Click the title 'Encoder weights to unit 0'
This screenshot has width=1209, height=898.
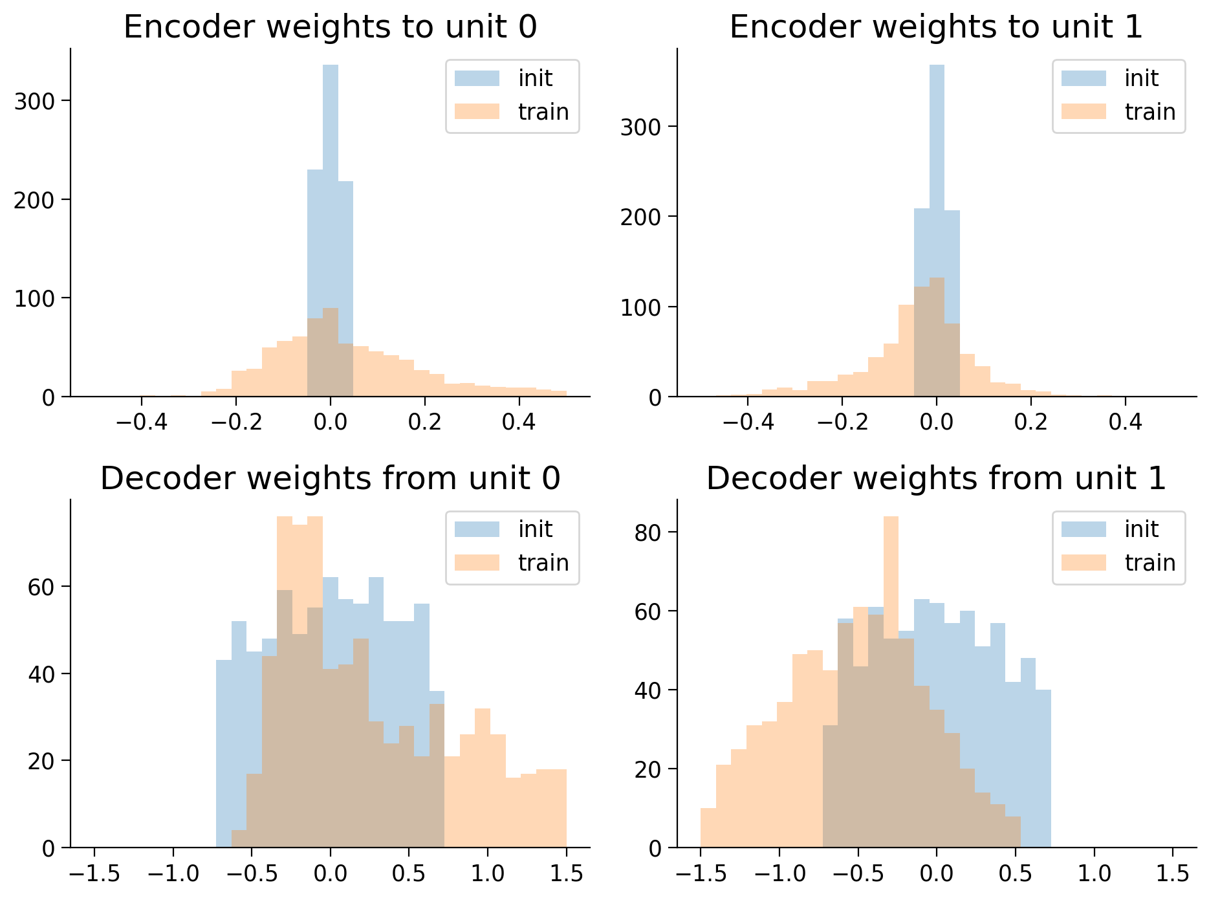tap(330, 27)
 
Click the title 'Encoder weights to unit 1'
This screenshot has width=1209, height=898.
tap(936, 27)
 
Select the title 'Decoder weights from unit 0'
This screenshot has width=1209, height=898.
tap(330, 479)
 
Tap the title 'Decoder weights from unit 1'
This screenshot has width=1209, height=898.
tap(936, 479)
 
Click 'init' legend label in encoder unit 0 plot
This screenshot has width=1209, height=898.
tap(535, 78)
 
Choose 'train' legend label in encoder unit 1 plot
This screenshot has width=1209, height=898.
tap(1149, 112)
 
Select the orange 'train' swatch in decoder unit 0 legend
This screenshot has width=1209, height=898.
tap(477, 563)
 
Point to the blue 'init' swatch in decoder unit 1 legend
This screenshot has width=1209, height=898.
tap(1084, 529)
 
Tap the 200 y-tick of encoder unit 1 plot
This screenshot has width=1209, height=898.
tap(641, 217)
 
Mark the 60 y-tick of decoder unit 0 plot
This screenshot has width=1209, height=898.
tap(41, 587)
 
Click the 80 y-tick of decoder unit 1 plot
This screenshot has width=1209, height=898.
tap(648, 532)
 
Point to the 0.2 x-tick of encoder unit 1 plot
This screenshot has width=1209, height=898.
tap(1030, 422)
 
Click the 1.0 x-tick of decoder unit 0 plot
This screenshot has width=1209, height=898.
tap(488, 873)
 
